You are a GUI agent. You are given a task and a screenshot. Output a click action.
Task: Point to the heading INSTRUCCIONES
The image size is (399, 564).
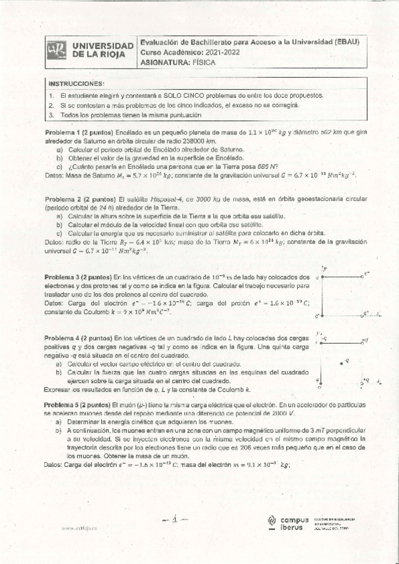[77, 84]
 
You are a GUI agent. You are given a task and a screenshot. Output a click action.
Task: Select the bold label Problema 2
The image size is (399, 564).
[64, 199]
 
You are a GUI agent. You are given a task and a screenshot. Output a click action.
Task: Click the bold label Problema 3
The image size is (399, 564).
[64, 276]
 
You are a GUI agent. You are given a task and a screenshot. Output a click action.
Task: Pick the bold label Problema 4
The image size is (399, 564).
[64, 339]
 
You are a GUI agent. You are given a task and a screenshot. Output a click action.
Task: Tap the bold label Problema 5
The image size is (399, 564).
[64, 404]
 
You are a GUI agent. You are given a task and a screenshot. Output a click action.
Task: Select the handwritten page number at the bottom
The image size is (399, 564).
[172, 519]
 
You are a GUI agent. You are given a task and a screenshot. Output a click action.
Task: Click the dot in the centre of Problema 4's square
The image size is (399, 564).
[341, 362]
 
